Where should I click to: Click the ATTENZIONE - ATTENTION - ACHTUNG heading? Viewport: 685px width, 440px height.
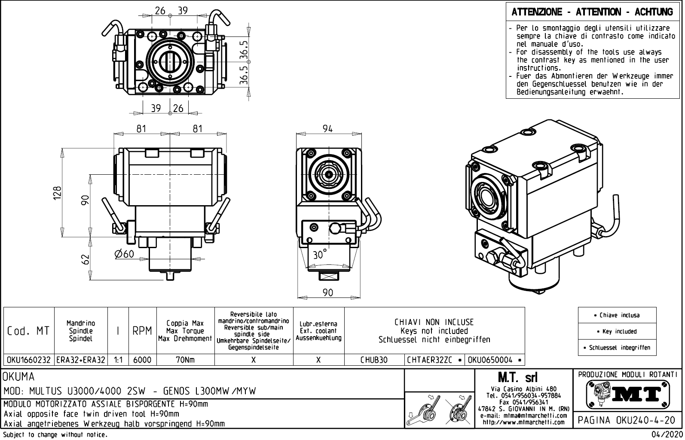point(592,12)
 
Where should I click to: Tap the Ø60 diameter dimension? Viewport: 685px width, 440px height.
point(125,254)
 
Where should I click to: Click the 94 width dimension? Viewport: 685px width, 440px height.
point(327,128)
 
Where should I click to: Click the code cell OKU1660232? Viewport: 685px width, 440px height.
point(29,360)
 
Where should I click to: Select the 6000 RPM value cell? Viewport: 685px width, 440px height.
point(142,360)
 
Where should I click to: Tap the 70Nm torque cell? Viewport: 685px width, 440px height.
point(185,360)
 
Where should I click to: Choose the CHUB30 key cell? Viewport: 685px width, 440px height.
point(374,360)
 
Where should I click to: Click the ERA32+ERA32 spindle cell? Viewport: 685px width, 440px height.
point(81,360)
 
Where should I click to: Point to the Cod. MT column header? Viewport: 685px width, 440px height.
point(28,331)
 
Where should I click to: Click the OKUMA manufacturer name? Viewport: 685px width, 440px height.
point(19,377)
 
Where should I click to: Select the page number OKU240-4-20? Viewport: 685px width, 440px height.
point(627,420)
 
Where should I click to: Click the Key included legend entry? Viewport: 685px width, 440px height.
point(617,331)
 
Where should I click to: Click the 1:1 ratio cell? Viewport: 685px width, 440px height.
point(118,360)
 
